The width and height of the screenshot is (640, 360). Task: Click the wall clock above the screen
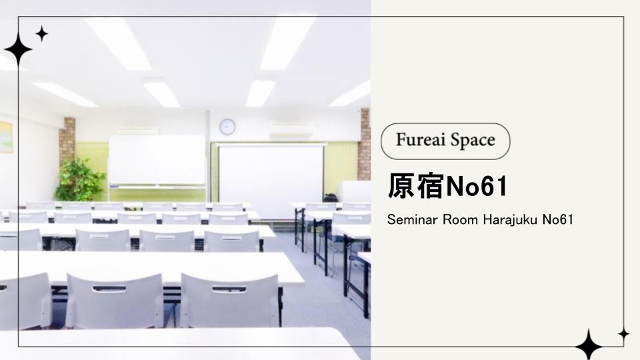(x=227, y=127)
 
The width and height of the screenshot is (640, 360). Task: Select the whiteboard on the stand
(x=157, y=161)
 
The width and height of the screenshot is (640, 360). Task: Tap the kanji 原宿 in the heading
(x=416, y=186)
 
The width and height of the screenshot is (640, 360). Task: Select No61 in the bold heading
(x=476, y=187)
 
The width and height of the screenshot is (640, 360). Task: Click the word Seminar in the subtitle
(x=412, y=219)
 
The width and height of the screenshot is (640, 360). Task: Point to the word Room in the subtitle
(x=460, y=219)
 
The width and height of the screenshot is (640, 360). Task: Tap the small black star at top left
(x=41, y=34)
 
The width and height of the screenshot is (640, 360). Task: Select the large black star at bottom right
(x=588, y=345)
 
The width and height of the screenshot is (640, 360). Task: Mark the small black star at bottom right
(x=623, y=334)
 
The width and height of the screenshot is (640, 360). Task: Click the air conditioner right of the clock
(x=290, y=130)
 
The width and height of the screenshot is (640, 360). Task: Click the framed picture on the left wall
(x=6, y=137)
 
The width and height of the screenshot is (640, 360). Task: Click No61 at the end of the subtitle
(x=557, y=219)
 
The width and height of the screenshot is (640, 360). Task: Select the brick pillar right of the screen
(x=364, y=144)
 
